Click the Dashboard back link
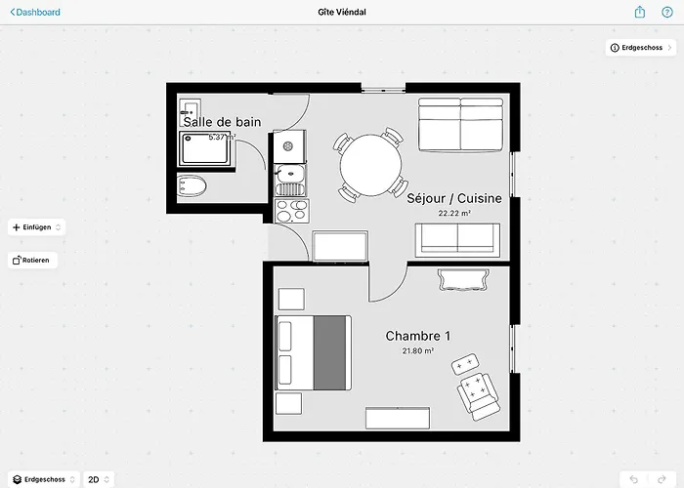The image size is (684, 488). pyautogui.click(x=35, y=12)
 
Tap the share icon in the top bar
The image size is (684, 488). pyautogui.click(x=639, y=12)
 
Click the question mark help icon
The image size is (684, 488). pyautogui.click(x=667, y=12)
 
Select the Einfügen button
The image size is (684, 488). pyautogui.click(x=37, y=227)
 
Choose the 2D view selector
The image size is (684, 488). pyautogui.click(x=99, y=479)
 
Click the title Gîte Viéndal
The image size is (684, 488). pyautogui.click(x=342, y=12)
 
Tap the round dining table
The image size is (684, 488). pyautogui.click(x=370, y=165)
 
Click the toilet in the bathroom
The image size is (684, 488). pyautogui.click(x=192, y=186)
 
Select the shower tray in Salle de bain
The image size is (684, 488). pyautogui.click(x=204, y=148)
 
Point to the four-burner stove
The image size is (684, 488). pyautogui.click(x=292, y=211)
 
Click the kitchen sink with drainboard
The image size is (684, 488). pyautogui.click(x=290, y=180)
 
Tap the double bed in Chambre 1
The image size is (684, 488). pyautogui.click(x=314, y=353)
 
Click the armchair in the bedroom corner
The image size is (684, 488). pyautogui.click(x=479, y=396)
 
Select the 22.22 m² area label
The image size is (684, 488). pyautogui.click(x=454, y=214)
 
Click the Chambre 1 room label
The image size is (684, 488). pyautogui.click(x=418, y=336)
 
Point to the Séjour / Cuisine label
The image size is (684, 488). pyautogui.click(x=454, y=198)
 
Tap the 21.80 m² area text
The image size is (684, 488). pyautogui.click(x=418, y=350)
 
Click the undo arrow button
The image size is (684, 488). pyautogui.click(x=634, y=480)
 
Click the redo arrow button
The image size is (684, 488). pyautogui.click(x=662, y=480)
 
